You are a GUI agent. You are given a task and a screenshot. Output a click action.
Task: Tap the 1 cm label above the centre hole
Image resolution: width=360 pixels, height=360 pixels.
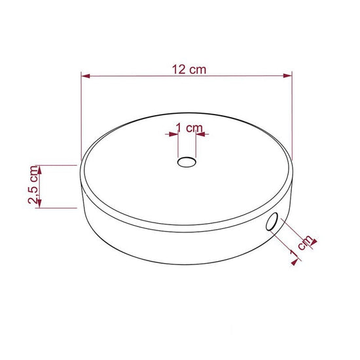click(188, 128)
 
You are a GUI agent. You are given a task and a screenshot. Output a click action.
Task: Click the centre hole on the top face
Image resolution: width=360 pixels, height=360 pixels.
click(187, 162)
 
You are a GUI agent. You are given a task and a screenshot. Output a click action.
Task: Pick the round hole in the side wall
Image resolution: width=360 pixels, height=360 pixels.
click(272, 223)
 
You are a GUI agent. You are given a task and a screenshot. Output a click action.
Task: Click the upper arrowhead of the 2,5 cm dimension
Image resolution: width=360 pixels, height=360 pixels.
click(41, 169)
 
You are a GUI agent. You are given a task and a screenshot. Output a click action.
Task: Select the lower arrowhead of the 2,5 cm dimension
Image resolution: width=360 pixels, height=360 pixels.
click(41, 204)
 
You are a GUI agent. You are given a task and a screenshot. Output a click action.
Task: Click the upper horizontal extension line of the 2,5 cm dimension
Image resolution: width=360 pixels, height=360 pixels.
click(56, 165)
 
